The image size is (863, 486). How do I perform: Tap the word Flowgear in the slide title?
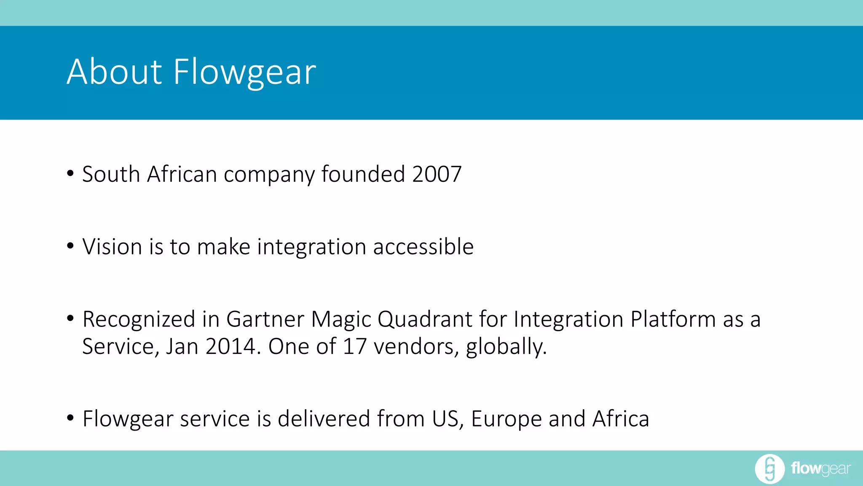[x=244, y=73]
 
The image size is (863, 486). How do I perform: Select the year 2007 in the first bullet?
[x=437, y=174]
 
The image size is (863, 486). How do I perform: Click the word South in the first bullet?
[x=111, y=174]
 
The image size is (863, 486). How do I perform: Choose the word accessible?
[x=423, y=247]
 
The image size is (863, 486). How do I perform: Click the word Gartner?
[x=265, y=319]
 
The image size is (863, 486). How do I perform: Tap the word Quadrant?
[x=425, y=319]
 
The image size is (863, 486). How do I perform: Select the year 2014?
[x=230, y=347]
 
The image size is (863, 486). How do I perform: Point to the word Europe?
[x=506, y=419]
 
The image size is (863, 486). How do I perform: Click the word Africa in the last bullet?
[x=621, y=419]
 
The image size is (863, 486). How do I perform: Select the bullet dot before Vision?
[x=70, y=246]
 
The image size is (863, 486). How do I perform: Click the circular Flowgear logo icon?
[x=769, y=469]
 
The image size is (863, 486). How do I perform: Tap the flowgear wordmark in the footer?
[x=821, y=469]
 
